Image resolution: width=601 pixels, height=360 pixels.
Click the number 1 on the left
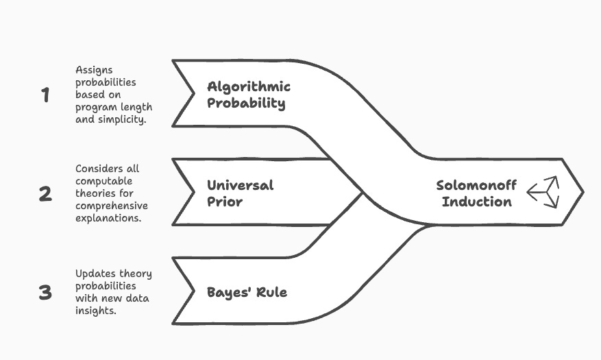[x=45, y=95]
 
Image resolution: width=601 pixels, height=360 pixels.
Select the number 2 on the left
[x=45, y=194]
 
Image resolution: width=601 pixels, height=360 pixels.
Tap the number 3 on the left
[x=45, y=293]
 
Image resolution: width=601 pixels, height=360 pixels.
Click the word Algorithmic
[x=249, y=87]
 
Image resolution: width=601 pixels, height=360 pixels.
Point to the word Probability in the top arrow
[x=246, y=104]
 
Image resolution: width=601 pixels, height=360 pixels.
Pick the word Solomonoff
[x=476, y=185]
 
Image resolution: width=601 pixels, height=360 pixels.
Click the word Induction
[x=476, y=202]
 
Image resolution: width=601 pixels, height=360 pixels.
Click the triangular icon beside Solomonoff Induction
[x=543, y=192]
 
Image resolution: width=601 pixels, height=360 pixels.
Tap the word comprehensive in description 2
[x=112, y=206]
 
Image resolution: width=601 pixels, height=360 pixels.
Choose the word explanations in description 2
[x=108, y=219]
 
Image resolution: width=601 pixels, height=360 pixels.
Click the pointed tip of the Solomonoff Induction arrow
[x=582, y=192]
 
